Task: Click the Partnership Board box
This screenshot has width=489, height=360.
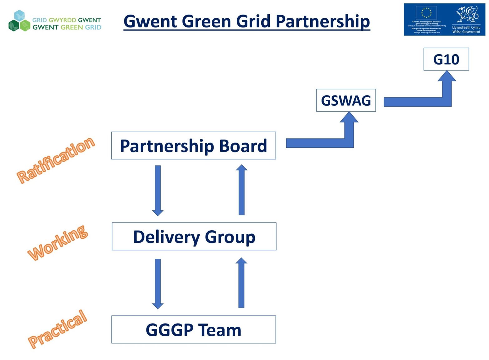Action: coord(193,146)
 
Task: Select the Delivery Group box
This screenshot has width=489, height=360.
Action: coord(194,237)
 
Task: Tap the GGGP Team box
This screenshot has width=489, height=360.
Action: coord(193,329)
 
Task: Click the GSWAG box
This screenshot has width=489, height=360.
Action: coord(346,100)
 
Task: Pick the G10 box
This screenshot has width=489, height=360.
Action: coord(446,59)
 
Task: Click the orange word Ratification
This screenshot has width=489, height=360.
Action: coord(56,160)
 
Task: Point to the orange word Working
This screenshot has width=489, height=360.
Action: coord(58,242)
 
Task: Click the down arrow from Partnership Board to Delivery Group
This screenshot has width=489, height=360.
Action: coord(158,190)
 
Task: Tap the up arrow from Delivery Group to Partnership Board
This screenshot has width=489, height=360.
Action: coord(241,190)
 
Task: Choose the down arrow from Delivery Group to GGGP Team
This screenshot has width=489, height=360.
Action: coord(158,283)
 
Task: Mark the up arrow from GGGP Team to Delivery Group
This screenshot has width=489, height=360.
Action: coord(241,283)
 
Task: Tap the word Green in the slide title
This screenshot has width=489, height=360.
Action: coord(206,21)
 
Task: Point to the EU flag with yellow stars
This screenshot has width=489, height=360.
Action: coord(426,13)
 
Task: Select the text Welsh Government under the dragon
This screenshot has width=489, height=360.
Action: coord(466,32)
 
